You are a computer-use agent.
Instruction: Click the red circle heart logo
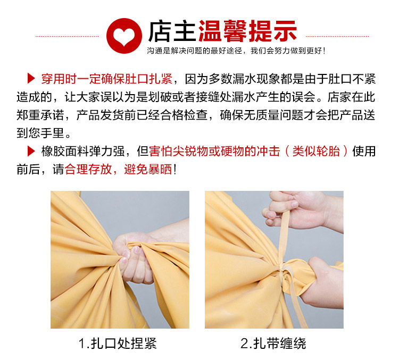(x=124, y=36)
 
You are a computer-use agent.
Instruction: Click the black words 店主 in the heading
(x=171, y=31)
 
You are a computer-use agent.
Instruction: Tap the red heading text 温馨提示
(x=247, y=31)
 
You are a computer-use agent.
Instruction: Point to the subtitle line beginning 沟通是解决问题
(x=236, y=51)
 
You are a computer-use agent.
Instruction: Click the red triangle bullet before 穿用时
(x=31, y=78)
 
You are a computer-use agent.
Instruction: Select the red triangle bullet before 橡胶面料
(x=31, y=151)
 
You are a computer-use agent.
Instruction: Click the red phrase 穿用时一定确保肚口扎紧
(x=107, y=79)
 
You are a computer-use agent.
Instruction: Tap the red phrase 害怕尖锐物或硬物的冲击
(x=214, y=151)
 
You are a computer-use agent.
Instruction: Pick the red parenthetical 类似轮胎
(x=316, y=151)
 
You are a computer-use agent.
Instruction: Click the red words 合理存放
(x=88, y=169)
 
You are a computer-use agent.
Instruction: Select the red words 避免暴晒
(x=148, y=169)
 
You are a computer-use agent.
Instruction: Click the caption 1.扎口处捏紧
(x=118, y=344)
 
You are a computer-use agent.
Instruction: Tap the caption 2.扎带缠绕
(x=273, y=344)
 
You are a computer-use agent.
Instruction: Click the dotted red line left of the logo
(x=67, y=36)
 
